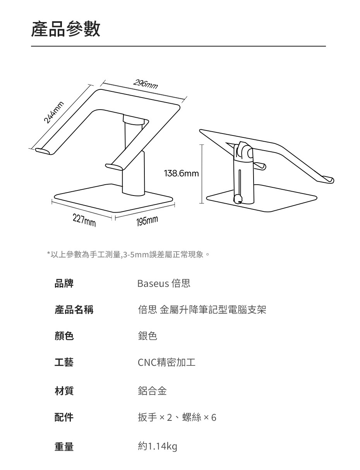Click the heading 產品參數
(x=66, y=29)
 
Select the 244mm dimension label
(x=53, y=112)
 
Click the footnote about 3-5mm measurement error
(x=128, y=255)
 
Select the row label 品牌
(x=64, y=284)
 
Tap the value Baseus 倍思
(x=164, y=284)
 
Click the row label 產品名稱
(x=74, y=310)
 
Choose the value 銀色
(x=147, y=336)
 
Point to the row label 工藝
(x=64, y=362)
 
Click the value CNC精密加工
(x=166, y=362)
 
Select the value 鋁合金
(x=152, y=391)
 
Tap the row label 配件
(x=64, y=417)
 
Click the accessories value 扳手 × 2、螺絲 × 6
(x=177, y=417)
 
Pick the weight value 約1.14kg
(x=157, y=447)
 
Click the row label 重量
(x=64, y=447)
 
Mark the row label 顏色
(x=64, y=336)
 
